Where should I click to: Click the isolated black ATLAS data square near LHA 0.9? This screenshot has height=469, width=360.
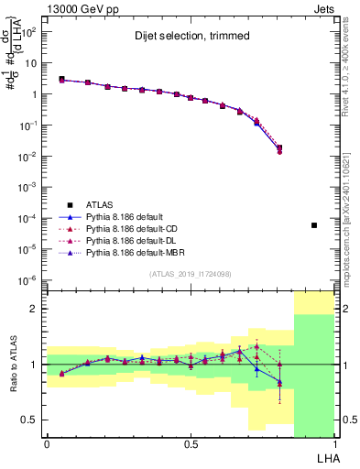click(314, 224)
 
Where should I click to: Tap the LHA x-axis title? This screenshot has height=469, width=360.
click(325, 457)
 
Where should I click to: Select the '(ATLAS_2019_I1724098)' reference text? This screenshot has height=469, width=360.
click(191, 275)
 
